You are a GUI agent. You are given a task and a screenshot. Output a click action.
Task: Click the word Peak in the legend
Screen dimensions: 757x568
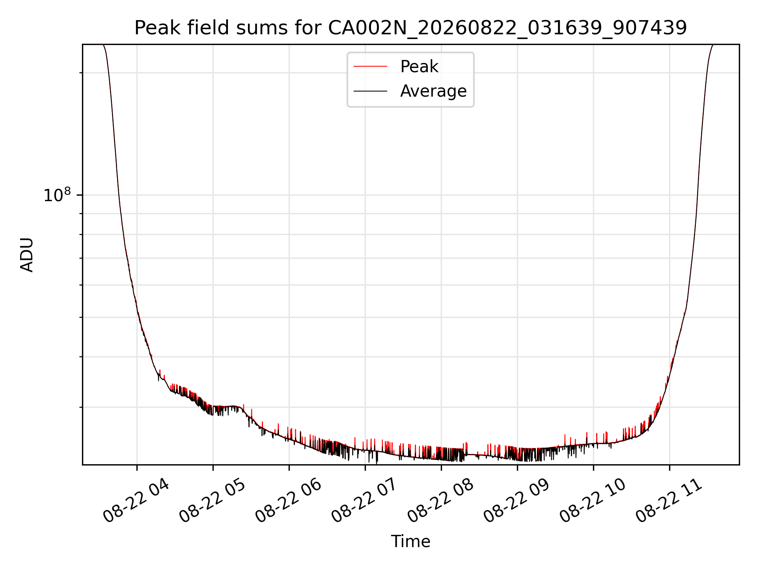[x=419, y=67]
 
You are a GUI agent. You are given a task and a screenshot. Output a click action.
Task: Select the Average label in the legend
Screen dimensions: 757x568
[x=433, y=91]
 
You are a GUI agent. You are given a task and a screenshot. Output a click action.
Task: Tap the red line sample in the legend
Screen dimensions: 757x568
[x=370, y=67]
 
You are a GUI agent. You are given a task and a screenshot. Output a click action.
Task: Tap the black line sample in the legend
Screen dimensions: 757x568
[x=370, y=91]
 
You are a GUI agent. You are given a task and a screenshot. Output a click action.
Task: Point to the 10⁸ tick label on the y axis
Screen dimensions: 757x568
[x=57, y=195]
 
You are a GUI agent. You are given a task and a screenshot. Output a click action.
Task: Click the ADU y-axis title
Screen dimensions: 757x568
[x=27, y=255]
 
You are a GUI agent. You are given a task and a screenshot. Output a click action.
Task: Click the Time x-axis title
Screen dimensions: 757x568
[x=410, y=542]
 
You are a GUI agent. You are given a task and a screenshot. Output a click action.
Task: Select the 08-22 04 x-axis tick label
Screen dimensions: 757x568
[x=136, y=501]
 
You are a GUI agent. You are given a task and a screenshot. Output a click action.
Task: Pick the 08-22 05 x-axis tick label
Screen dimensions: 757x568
[x=212, y=501]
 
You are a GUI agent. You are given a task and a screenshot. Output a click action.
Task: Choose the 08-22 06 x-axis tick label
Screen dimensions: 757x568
[x=288, y=501]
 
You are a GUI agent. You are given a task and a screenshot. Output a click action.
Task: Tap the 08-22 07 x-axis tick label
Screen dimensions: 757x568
[x=364, y=501]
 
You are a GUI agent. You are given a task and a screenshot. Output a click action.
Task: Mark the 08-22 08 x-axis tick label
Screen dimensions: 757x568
[x=440, y=501]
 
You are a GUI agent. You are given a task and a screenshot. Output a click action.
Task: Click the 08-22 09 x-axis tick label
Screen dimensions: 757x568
[x=516, y=501]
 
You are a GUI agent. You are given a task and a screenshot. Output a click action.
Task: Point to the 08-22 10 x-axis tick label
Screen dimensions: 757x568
[x=593, y=501]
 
